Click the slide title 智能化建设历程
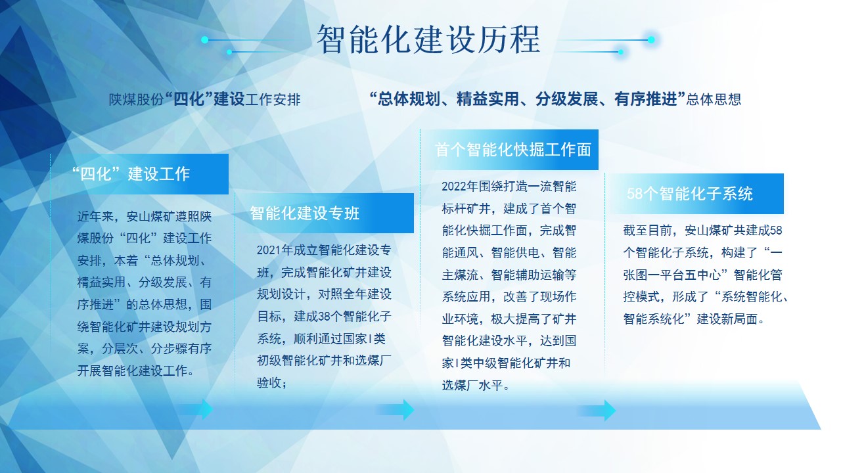428,40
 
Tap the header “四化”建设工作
131,174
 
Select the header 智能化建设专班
305,214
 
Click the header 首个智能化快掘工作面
513,149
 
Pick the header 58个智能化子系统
690,194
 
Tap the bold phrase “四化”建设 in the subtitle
205,99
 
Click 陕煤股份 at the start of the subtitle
137,99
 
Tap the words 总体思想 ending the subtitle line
714,99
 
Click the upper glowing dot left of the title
204,40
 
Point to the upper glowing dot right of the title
651,40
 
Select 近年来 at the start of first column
95,217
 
